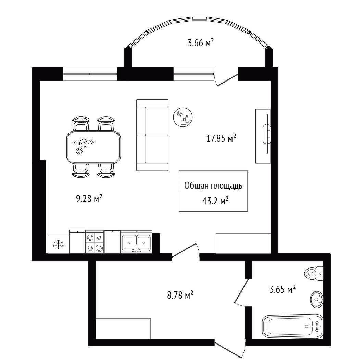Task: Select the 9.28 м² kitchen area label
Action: tap(89, 198)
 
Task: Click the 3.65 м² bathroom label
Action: tap(283, 289)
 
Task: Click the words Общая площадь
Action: tap(213, 186)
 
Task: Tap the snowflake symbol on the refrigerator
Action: tap(58, 244)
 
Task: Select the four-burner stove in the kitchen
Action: tap(95, 242)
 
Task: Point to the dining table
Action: tap(93, 147)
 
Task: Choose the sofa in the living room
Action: tap(152, 135)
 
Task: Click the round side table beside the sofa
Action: tap(183, 117)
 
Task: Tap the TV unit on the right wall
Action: tap(263, 136)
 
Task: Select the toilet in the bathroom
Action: tap(314, 274)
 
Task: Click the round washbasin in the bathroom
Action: tap(317, 299)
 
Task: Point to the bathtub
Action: tap(292, 326)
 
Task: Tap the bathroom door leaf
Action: tap(241, 291)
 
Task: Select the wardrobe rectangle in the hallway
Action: tap(123, 328)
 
